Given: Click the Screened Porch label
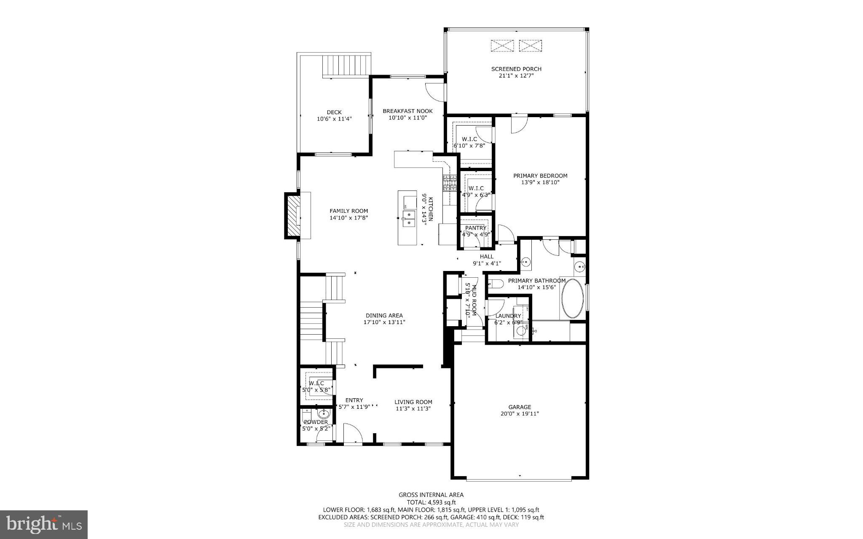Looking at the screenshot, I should (x=516, y=69).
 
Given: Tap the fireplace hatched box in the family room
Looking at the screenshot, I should (x=292, y=216).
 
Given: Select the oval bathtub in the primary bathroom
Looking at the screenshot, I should (x=572, y=298).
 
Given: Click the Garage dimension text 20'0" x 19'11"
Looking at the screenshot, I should (x=519, y=414).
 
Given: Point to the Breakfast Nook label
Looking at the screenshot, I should (x=407, y=111).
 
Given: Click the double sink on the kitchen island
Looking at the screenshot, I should (x=408, y=218).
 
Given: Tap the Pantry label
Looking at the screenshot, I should (x=476, y=228).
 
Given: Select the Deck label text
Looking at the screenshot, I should (x=334, y=112).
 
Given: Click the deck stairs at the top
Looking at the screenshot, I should (x=346, y=65).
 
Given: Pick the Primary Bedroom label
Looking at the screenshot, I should (x=540, y=176).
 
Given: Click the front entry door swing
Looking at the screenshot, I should (x=352, y=434).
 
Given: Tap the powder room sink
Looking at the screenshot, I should (x=324, y=413).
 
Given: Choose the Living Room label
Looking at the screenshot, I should (x=413, y=402).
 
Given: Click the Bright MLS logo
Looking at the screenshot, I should (x=44, y=524).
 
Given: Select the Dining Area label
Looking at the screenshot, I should (x=383, y=315).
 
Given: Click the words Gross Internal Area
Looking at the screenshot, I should (x=431, y=495).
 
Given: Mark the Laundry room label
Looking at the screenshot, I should (x=508, y=316).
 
